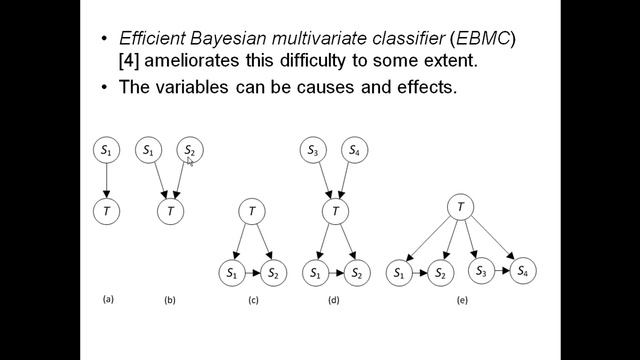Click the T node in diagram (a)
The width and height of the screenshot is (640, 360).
pyautogui.click(x=106, y=211)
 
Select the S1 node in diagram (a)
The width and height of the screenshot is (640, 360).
pyautogui.click(x=106, y=150)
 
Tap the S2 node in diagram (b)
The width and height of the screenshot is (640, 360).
pyautogui.click(x=190, y=150)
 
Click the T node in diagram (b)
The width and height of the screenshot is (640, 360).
pyautogui.click(x=170, y=211)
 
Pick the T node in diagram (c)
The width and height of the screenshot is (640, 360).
pyautogui.click(x=252, y=211)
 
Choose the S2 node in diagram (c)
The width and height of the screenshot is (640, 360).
pyautogui.click(x=274, y=272)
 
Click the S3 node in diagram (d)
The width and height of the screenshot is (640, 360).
pyautogui.click(x=314, y=150)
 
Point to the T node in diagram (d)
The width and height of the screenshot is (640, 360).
pyautogui.click(x=335, y=211)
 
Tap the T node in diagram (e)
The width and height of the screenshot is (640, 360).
pyautogui.click(x=460, y=207)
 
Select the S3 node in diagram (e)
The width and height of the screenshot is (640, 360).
pyautogui.click(x=481, y=271)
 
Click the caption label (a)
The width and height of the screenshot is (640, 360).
pyautogui.click(x=108, y=298)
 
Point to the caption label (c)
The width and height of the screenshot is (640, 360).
pyautogui.click(x=253, y=300)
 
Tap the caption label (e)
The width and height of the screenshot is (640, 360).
pyautogui.click(x=461, y=300)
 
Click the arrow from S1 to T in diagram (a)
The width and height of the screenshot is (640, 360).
pyautogui.click(x=106, y=180)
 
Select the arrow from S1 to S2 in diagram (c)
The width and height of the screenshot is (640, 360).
pyautogui.click(x=252, y=272)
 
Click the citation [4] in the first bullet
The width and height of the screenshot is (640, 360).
pyautogui.click(x=130, y=61)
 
